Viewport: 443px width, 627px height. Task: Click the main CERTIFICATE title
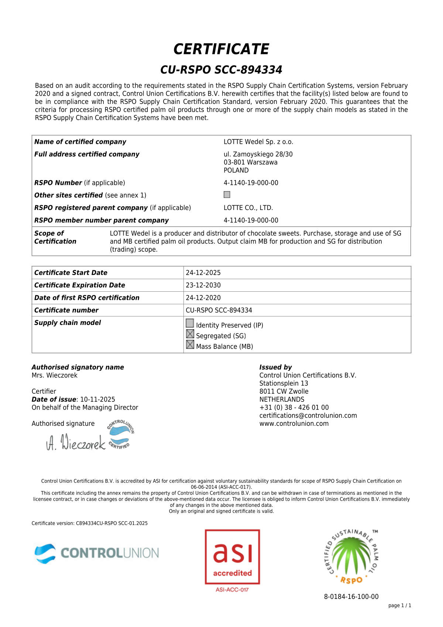pos(221,49)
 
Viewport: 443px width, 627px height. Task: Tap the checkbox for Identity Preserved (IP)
pos(190,323)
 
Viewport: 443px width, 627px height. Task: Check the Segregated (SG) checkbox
pos(190,334)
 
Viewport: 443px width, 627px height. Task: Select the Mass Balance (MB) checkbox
pos(190,345)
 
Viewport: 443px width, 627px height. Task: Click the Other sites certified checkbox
pos(227,194)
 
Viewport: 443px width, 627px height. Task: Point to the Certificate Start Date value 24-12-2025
pos(203,273)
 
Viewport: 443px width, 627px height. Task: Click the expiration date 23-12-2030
pos(203,285)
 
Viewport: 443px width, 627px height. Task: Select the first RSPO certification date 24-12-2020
pos(203,298)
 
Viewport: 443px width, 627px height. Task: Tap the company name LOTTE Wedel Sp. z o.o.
pos(258,142)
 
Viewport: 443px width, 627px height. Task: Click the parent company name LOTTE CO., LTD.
pos(248,208)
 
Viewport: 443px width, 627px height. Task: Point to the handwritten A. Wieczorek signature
pos(76,442)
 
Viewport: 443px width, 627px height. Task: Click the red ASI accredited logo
pos(233,557)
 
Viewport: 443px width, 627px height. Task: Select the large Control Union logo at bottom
pos(97,553)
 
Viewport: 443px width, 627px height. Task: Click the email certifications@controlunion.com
pos(308,416)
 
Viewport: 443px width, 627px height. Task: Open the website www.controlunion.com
pos(294,424)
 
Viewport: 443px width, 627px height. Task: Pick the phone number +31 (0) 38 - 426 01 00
pos(294,407)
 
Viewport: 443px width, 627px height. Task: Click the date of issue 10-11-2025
pos(97,400)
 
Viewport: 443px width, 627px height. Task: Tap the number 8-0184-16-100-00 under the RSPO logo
pos(351,597)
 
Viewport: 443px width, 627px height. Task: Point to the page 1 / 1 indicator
pos(399,606)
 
